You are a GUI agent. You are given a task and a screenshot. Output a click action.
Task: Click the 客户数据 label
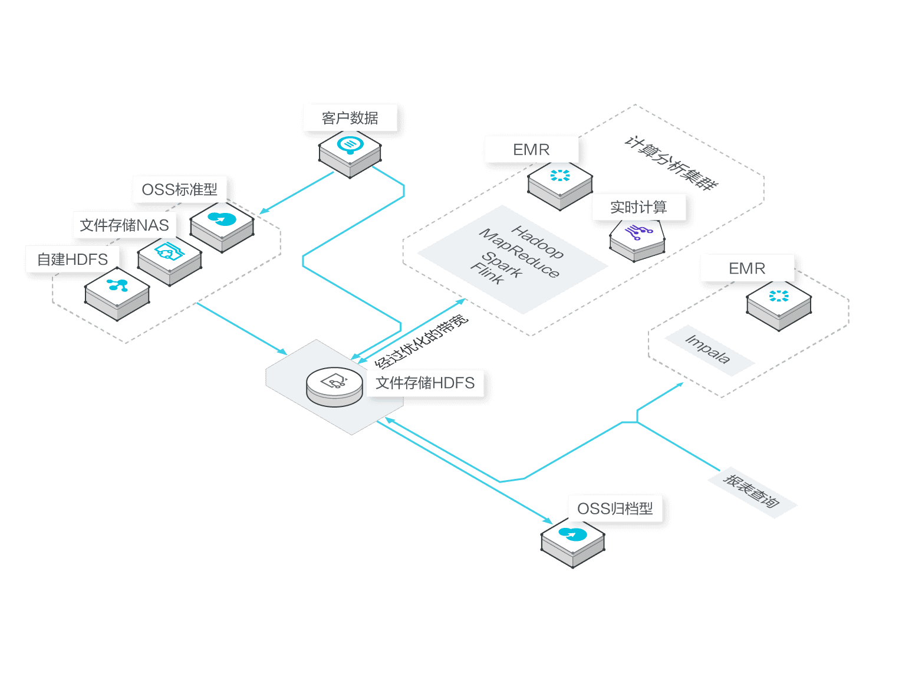point(350,118)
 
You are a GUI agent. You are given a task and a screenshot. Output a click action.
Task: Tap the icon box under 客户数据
point(350,152)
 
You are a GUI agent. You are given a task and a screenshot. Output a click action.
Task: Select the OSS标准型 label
point(180,189)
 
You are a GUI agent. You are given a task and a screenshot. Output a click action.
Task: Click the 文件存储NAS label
point(124,225)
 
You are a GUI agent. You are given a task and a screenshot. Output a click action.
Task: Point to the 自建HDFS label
point(73,259)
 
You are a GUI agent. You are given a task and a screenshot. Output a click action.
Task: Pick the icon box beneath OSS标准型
point(222,225)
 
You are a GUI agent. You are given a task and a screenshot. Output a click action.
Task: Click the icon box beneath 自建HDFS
point(117,293)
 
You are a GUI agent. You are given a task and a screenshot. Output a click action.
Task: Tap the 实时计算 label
point(638,207)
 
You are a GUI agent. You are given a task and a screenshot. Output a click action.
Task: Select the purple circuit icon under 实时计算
point(638,235)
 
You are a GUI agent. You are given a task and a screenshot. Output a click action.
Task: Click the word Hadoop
point(537,242)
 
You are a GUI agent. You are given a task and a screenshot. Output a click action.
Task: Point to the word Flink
point(487,275)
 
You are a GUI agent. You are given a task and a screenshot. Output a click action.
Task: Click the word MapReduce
point(519,253)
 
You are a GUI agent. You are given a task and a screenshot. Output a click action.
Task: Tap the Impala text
point(708,349)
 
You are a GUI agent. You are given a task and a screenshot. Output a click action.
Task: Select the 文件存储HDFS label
point(425,383)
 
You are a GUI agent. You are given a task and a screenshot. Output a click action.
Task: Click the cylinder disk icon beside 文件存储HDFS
point(334,386)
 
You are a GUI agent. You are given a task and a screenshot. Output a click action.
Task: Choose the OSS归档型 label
point(615,508)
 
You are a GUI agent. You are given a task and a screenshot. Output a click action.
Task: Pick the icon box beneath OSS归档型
point(573,541)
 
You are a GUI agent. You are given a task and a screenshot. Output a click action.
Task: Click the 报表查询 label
point(752,491)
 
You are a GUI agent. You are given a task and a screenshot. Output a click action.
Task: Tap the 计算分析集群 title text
point(671,162)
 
